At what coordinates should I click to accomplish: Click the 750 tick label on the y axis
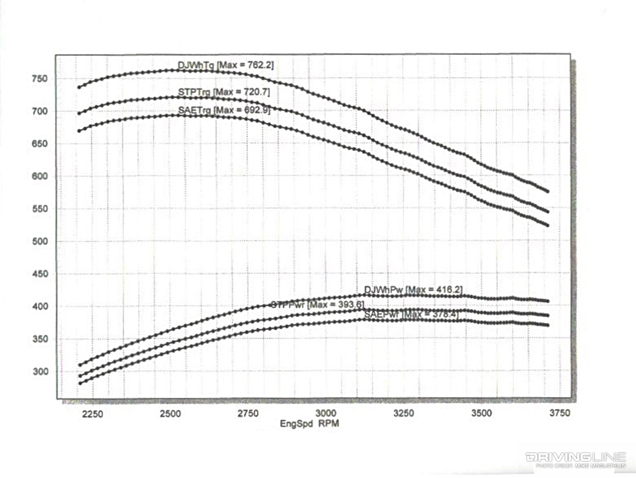click(x=39, y=79)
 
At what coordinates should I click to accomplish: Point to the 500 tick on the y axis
click(x=39, y=241)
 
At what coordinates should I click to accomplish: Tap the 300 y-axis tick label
click(x=40, y=372)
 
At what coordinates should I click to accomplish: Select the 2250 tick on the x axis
click(x=93, y=414)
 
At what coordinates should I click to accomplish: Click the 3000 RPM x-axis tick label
click(x=326, y=413)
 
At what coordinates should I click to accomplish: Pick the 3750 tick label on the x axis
click(x=559, y=413)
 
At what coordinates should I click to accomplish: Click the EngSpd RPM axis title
click(x=309, y=424)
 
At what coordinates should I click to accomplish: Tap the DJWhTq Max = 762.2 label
click(x=225, y=65)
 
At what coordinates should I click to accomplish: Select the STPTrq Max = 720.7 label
click(x=224, y=92)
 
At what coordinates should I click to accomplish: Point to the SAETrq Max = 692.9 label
click(x=224, y=110)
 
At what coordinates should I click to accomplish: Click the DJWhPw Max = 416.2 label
click(x=413, y=290)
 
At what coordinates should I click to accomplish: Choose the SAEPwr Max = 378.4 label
click(x=411, y=315)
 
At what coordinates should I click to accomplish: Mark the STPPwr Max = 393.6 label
click(x=317, y=305)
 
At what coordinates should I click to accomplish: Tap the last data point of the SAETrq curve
click(x=548, y=225)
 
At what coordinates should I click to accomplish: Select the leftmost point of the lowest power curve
click(x=80, y=383)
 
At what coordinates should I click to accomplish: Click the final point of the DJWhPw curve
click(x=548, y=301)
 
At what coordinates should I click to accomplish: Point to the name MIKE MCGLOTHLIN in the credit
click(x=601, y=466)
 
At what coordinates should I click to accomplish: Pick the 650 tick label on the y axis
click(x=39, y=144)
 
